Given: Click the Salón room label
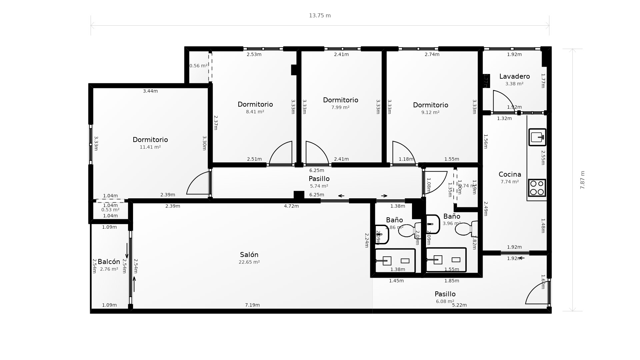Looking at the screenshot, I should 249,255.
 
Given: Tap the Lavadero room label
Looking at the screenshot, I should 514,76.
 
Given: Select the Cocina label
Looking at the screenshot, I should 510,174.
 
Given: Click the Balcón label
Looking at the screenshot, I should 109,262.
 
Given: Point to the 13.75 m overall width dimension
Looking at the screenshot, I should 320,16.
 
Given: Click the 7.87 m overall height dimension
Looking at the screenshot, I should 582,180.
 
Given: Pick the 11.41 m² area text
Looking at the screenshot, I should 150,147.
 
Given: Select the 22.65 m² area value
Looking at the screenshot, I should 249,262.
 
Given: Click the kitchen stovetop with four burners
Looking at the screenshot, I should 537,188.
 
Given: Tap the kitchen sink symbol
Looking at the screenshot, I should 537,137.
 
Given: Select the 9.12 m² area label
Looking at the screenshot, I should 430,112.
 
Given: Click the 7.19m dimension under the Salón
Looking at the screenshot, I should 252,305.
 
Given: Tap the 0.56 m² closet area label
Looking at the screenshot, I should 198,66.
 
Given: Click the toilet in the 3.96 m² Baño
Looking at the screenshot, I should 466,229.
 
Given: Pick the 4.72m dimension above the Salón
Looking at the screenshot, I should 291,206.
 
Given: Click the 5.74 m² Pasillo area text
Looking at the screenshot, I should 319,186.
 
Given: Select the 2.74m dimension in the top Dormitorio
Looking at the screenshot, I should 432,54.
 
